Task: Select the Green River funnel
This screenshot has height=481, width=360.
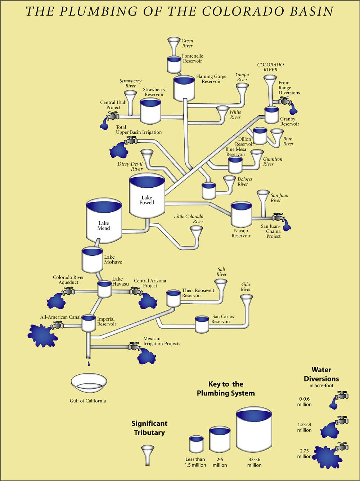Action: point(174,45)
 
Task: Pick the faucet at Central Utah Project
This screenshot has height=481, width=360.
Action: point(113,116)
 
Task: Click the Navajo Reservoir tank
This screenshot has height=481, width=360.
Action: point(241,214)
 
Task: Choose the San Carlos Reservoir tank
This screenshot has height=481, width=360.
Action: point(202,325)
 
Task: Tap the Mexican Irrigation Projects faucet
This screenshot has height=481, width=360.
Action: point(135,347)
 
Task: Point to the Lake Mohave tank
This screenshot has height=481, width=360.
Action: point(92,260)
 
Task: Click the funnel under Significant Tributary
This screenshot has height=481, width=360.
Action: point(147,454)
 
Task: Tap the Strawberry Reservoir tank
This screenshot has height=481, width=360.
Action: point(150,111)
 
